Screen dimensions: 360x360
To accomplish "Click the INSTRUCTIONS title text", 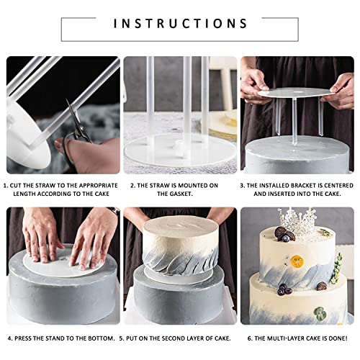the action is coord(180,24).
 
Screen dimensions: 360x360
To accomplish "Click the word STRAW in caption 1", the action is coord(45,186).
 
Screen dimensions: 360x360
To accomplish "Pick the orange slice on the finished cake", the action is coord(297,261).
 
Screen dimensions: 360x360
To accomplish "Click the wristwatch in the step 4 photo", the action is coord(114,211).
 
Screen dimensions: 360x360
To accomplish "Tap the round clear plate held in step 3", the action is coord(296,93).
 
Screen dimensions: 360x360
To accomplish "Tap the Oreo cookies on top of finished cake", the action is coord(284,234).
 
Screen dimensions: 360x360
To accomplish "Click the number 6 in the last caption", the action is coord(250,338).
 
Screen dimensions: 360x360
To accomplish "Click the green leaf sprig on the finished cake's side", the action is coord(336,268).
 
